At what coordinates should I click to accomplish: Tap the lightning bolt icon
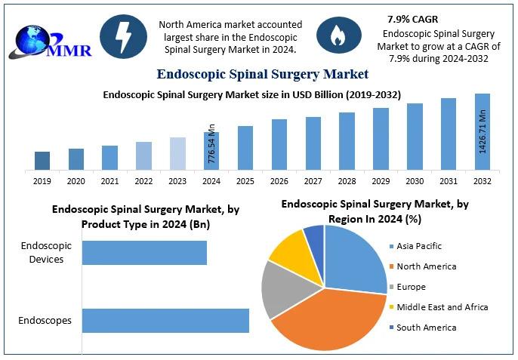tap(123, 35)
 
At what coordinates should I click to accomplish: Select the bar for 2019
tap(42, 161)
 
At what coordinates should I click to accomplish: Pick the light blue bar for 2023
tap(177, 153)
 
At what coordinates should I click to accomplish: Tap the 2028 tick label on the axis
tap(347, 181)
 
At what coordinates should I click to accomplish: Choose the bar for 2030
tap(415, 137)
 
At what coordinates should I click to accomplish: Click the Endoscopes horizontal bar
tap(165, 320)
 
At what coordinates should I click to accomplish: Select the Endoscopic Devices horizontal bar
tap(144, 253)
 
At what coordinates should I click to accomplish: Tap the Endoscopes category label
tap(46, 321)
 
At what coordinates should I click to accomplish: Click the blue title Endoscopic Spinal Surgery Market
tap(262, 74)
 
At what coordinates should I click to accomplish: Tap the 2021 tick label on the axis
tap(109, 181)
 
